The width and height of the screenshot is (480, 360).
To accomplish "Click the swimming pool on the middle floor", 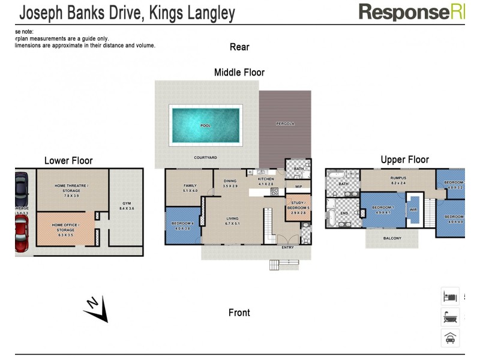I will pyautogui.click(x=206, y=125).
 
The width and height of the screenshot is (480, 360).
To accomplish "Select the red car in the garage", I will pyautogui.click(x=21, y=234).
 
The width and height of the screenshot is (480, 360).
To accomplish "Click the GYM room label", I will pyautogui.click(x=127, y=203).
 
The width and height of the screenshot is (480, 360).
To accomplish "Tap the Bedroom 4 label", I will pyautogui.click(x=182, y=223).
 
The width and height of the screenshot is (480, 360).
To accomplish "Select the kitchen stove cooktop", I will pyautogui.click(x=275, y=191).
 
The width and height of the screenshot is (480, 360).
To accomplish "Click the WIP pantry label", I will pyautogui.click(x=298, y=187).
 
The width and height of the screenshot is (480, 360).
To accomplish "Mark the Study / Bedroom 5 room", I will pyautogui.click(x=298, y=207).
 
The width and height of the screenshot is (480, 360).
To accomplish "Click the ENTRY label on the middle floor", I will pyautogui.click(x=288, y=247).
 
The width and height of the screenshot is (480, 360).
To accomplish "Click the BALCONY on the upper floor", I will pyautogui.click(x=392, y=238).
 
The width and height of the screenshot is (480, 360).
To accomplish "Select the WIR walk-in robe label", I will pyautogui.click(x=413, y=210).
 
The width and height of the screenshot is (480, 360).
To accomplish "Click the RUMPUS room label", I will pyautogui.click(x=398, y=178).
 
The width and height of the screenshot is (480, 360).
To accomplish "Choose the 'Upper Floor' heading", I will pyautogui.click(x=404, y=160).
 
